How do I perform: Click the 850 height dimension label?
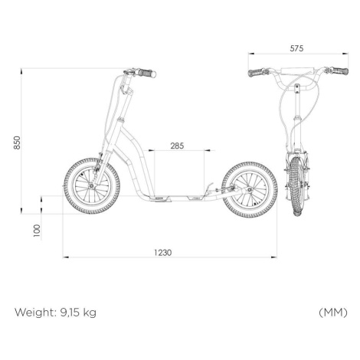point(17,142)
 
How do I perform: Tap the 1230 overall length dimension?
point(163,253)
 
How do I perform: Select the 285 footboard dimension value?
point(177,146)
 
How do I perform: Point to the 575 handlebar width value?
point(296,48)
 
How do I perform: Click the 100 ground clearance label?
point(37,231)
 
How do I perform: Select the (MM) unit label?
point(333,312)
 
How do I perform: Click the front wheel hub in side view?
point(91,186)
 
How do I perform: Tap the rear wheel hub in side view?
point(250,189)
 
